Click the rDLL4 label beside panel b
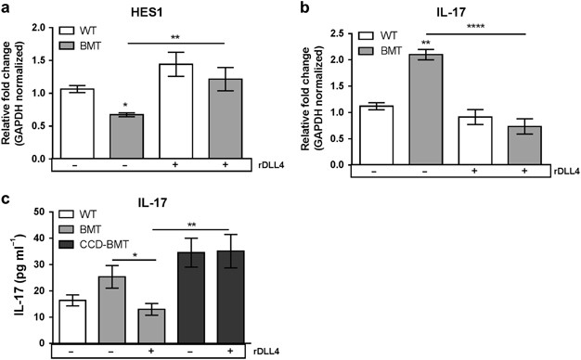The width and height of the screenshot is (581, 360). (x=553, y=173)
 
